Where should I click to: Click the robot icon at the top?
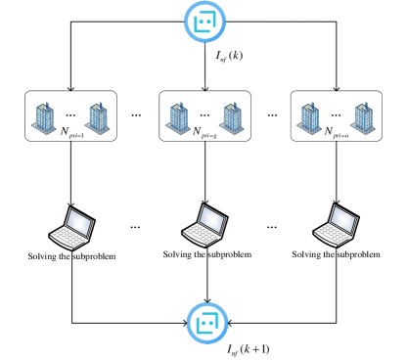pos(204,22)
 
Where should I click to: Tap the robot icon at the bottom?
pos(206,323)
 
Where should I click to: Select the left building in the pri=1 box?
pos(45,116)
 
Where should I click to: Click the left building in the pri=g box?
pos(178,116)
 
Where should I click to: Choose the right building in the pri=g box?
pos(231,116)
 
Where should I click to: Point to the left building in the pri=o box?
pos(309,117)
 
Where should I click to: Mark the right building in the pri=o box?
pos(362,116)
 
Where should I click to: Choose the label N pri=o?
pos(337,132)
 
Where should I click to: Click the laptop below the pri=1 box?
pos(72,227)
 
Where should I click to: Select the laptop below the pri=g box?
pos(205,225)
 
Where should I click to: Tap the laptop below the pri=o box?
pos(337,225)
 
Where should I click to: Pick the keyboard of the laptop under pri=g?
pos(198,235)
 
